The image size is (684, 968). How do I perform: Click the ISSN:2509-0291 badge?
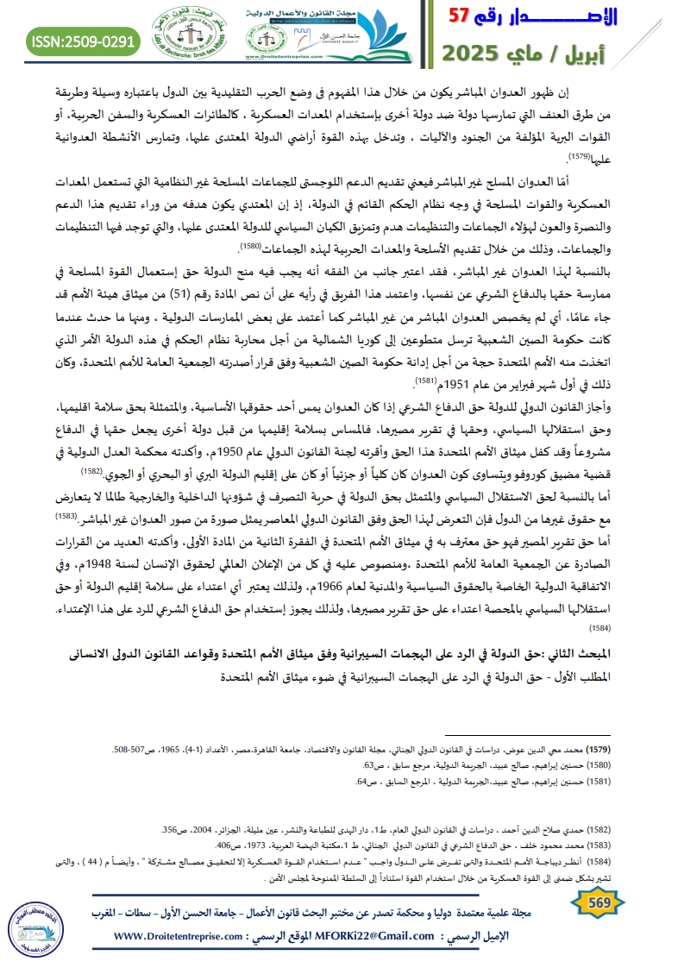tap(84, 41)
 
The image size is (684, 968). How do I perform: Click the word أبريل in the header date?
tap(635, 53)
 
